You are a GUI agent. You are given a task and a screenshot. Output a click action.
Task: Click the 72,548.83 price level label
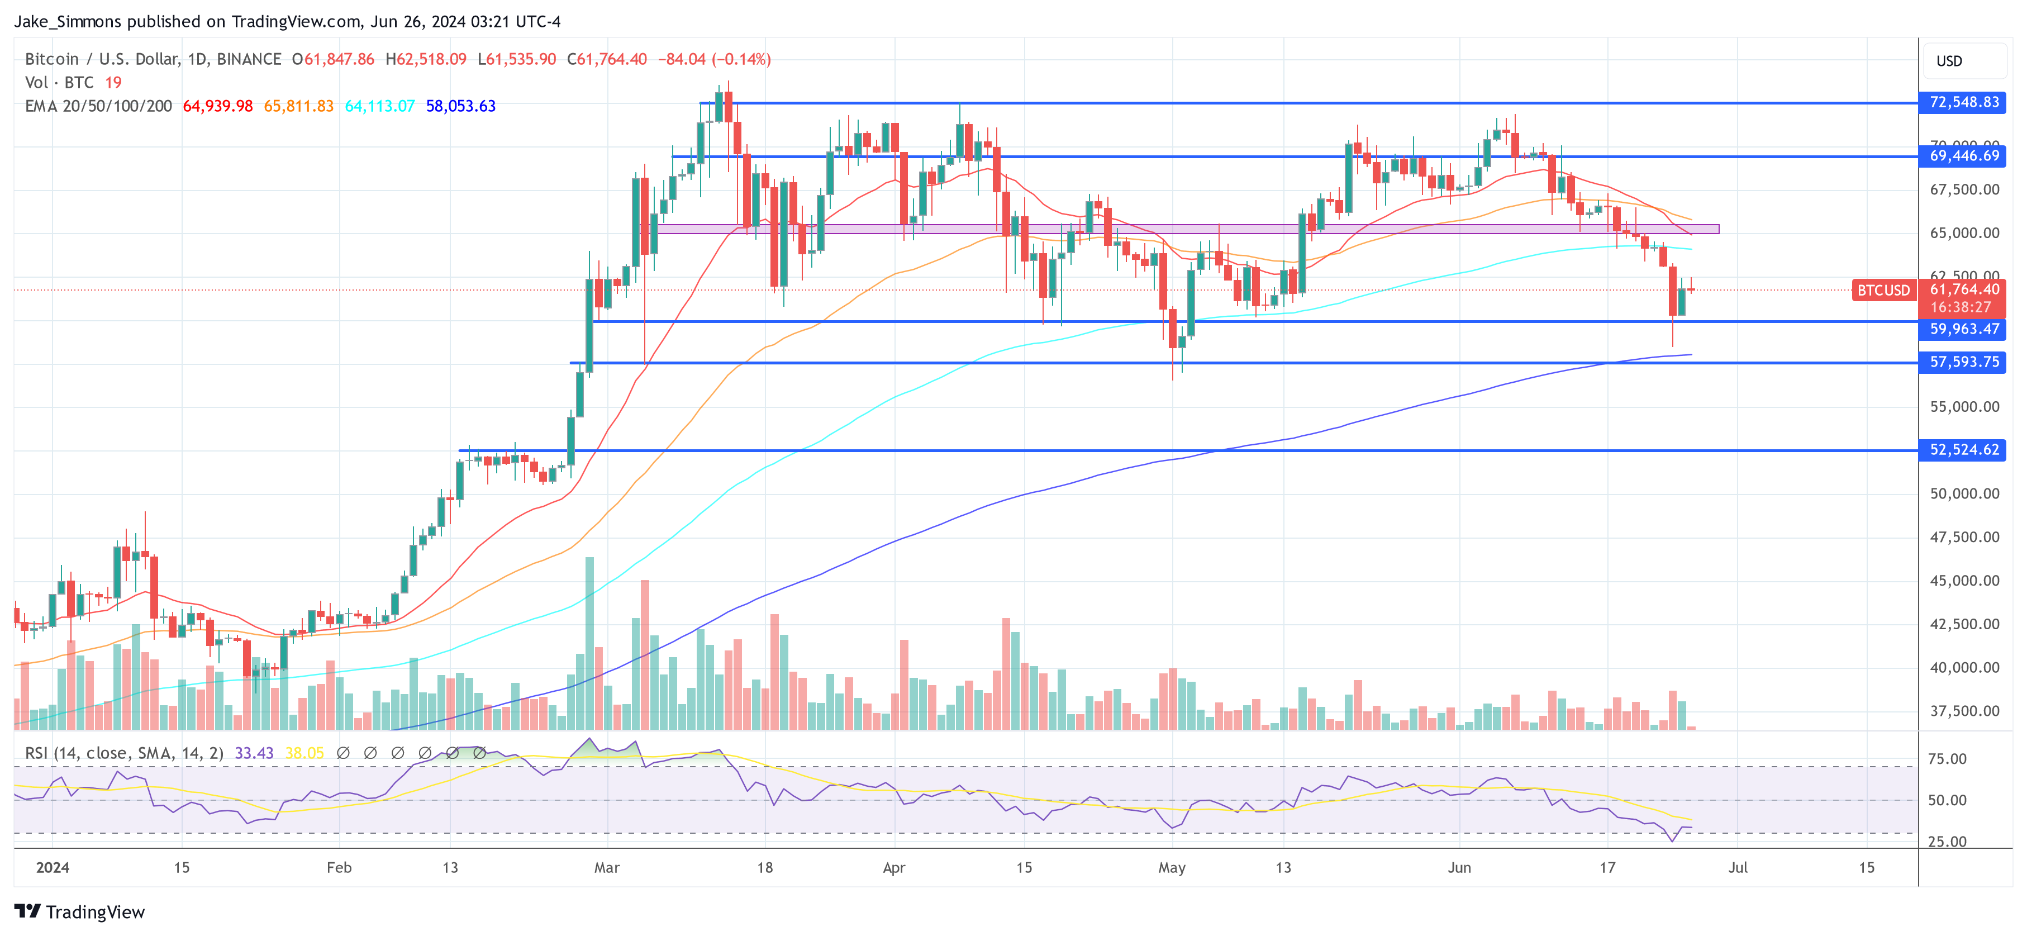pos(1963,102)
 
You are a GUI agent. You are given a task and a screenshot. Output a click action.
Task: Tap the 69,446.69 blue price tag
pos(1963,156)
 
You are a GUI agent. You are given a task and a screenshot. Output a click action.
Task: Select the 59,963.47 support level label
pos(1963,329)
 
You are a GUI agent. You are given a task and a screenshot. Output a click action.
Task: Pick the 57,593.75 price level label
pos(1963,362)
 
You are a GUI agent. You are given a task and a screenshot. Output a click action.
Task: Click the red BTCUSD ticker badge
pos(1883,291)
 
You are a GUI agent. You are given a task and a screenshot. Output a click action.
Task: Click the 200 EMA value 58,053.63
pos(460,106)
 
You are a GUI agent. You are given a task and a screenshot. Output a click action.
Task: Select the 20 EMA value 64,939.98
pos(217,106)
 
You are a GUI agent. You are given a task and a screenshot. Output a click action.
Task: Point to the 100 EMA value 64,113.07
pos(379,106)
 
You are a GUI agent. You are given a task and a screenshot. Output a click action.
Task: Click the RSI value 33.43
pos(254,753)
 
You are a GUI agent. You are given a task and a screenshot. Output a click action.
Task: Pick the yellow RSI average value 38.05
pos(304,753)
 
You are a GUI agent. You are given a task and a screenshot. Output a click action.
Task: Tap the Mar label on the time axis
pos(607,867)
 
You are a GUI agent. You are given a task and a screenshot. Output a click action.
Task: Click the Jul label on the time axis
pos(1738,867)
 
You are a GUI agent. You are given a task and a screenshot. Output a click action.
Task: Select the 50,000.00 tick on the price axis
pos(1964,493)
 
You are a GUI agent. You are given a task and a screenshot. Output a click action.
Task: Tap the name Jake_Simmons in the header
pos(68,21)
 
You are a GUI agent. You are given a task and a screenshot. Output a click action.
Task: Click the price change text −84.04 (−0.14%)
pos(713,59)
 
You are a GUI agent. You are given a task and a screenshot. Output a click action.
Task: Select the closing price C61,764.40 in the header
pos(607,59)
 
